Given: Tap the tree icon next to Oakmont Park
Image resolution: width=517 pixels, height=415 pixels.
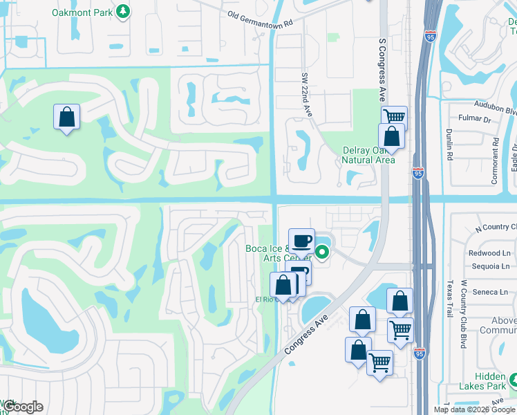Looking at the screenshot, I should [123, 11].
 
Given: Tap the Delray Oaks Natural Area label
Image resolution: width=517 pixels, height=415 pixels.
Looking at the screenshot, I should [369, 156].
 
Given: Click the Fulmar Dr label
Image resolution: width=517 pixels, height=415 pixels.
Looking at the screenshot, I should [476, 120].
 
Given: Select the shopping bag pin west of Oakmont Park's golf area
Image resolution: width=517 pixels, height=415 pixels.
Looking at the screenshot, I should [66, 117].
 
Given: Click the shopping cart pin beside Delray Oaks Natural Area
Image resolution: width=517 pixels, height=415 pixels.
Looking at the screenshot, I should [394, 118].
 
